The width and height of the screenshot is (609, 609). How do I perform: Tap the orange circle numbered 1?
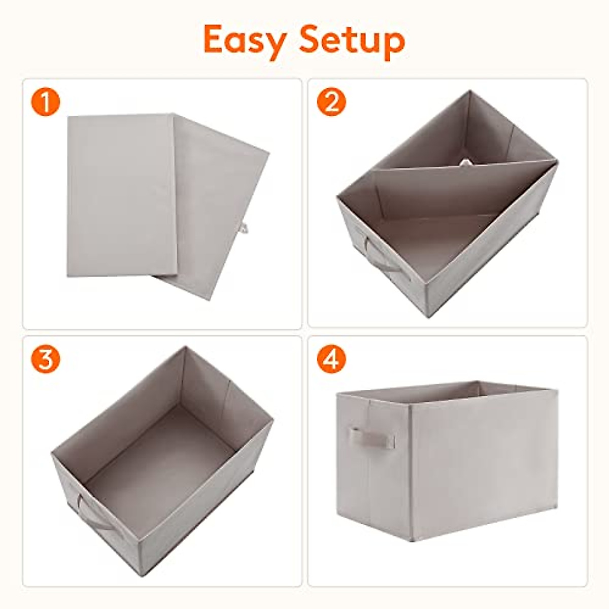click(x=46, y=103)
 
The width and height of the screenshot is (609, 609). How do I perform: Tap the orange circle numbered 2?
click(x=331, y=103)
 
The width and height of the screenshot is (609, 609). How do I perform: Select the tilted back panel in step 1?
click(x=218, y=203)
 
